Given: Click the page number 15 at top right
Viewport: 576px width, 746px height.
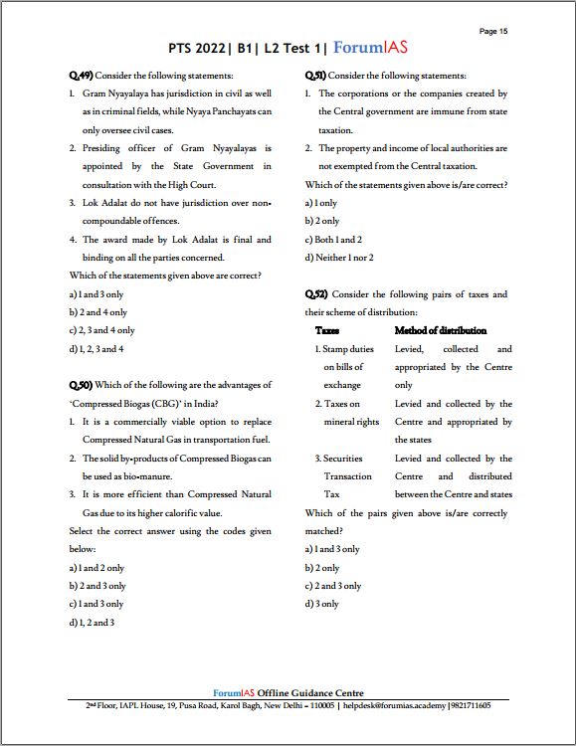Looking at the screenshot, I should pyautogui.click(x=493, y=31).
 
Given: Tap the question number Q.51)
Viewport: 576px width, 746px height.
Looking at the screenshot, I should pyautogui.click(x=315, y=76).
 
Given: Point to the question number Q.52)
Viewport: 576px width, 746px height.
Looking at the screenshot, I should pyautogui.click(x=316, y=294).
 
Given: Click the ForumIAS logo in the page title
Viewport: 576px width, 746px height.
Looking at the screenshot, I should pyautogui.click(x=370, y=48).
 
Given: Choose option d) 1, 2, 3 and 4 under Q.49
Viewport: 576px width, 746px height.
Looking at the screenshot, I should pyautogui.click(x=96, y=349).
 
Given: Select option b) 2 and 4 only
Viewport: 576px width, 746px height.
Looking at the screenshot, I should pyautogui.click(x=98, y=312).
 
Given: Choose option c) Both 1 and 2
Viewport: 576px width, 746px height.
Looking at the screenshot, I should pyautogui.click(x=338, y=240).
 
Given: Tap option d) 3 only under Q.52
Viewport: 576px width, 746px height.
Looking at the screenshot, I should pyautogui.click(x=322, y=604).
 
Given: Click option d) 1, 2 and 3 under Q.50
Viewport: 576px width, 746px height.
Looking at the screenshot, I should pyautogui.click(x=92, y=623).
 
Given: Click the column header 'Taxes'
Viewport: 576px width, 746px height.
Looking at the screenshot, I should pyautogui.click(x=327, y=330).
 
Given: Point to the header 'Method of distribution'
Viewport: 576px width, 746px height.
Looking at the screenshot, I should pyautogui.click(x=441, y=330).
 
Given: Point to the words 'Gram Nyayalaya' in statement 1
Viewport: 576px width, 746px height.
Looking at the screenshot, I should pyautogui.click(x=116, y=93).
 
